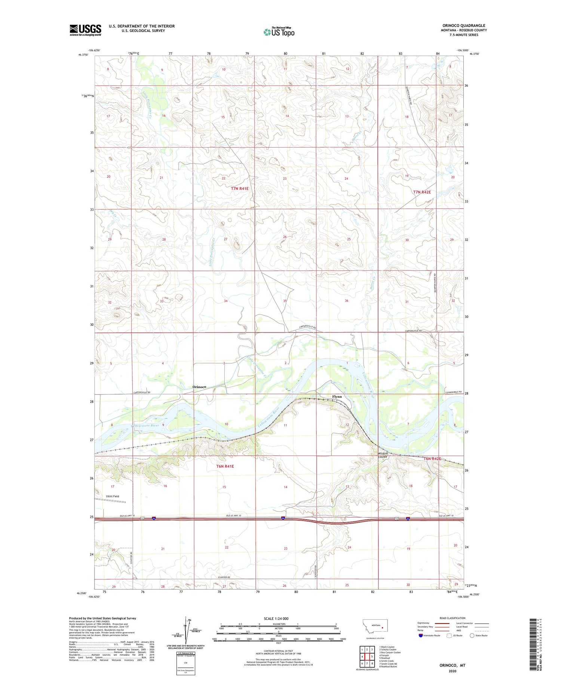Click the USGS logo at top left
point(85,30)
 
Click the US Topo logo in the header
point(279,32)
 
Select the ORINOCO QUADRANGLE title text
point(464,26)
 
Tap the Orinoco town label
point(199,387)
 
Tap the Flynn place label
point(337,397)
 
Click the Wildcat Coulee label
point(382,455)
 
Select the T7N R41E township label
point(240,189)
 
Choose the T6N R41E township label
point(225,466)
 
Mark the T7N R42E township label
point(422,192)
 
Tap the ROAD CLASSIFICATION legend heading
point(453,618)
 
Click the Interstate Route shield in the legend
point(421,636)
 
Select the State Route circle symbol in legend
point(472,636)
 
